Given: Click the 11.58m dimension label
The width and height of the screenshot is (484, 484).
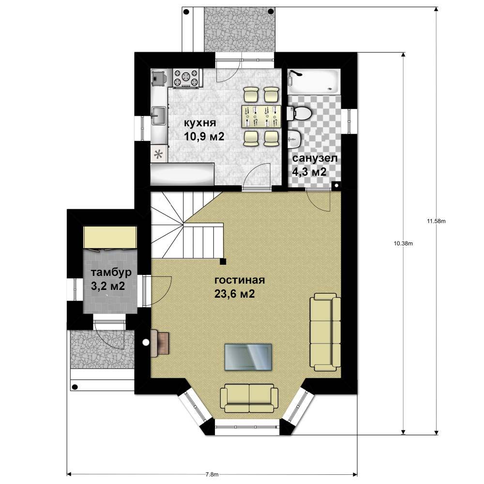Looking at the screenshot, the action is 436,221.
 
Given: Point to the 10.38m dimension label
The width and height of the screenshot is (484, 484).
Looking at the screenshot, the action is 404,243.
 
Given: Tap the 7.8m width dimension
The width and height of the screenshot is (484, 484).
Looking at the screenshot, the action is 212,474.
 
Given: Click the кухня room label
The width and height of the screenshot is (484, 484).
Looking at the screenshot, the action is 200,123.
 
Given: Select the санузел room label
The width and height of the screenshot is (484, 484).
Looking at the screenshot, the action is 315,159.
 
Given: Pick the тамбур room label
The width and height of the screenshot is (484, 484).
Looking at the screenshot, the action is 111,272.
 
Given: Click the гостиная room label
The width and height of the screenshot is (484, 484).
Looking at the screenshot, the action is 240,280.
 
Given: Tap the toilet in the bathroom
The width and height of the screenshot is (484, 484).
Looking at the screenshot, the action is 299,113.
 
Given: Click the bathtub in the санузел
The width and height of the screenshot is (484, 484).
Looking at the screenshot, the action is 314,82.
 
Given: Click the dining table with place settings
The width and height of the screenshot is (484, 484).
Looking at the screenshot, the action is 261,116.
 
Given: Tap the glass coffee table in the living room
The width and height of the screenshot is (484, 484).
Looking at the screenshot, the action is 248,357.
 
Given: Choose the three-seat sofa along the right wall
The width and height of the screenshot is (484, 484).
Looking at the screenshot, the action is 325,332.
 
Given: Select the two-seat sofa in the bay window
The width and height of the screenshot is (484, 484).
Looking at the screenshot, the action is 249,398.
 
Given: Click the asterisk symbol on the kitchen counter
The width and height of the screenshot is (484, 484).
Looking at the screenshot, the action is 158,154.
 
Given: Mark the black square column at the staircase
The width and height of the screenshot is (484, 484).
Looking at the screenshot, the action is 223,262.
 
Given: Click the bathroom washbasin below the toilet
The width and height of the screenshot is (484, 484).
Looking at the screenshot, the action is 295,139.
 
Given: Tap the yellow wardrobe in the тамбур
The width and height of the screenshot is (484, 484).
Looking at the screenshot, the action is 110,237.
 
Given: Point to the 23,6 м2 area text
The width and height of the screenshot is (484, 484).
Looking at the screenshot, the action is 235,294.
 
